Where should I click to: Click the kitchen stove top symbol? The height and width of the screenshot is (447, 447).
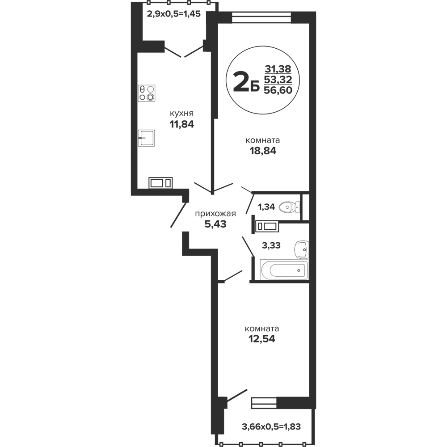pyautogui.click(x=147, y=93)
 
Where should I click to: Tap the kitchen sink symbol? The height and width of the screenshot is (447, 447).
pyautogui.click(x=146, y=138)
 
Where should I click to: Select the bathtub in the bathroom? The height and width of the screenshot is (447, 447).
pyautogui.click(x=284, y=270)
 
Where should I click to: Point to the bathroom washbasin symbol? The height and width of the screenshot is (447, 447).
pyautogui.click(x=302, y=250)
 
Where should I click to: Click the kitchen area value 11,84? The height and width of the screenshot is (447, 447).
pyautogui.click(x=182, y=124)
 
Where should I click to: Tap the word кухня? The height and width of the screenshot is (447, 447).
pyautogui.click(x=181, y=114)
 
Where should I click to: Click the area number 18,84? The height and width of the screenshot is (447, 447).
pyautogui.click(x=263, y=151)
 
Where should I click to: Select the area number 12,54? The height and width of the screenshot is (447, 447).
pyautogui.click(x=262, y=339)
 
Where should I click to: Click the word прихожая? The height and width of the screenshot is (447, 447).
pyautogui.click(x=215, y=214)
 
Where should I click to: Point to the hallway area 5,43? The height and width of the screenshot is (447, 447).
pyautogui.click(x=215, y=224)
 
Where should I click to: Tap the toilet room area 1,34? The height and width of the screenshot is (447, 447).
pyautogui.click(x=266, y=207)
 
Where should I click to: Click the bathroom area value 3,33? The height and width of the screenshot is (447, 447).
pyautogui.click(x=271, y=245)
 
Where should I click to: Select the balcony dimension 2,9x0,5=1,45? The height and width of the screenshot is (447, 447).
pyautogui.click(x=174, y=14)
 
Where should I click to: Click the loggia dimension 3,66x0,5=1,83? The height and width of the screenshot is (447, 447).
pyautogui.click(x=271, y=427)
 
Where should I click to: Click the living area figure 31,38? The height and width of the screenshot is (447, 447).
pyautogui.click(x=278, y=69)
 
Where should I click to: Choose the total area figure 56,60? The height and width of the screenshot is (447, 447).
pyautogui.click(x=278, y=90)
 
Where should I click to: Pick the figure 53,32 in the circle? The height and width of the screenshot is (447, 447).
pyautogui.click(x=278, y=79)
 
